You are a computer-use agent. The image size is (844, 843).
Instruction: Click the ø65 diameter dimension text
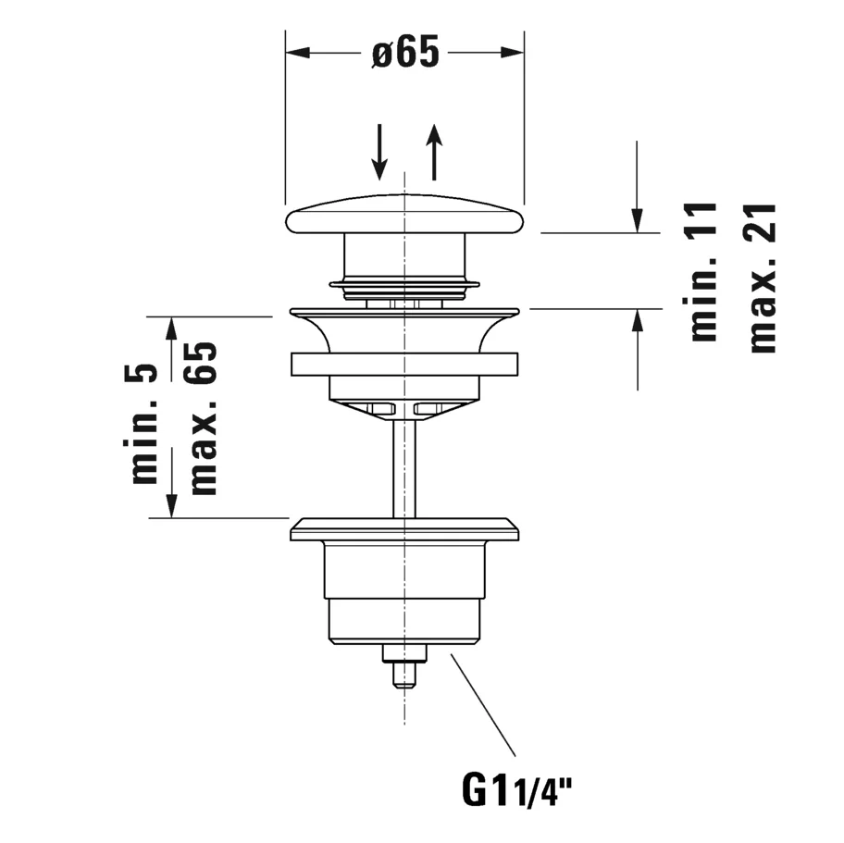coord(405,52)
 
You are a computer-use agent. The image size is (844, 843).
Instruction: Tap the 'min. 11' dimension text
coord(703,272)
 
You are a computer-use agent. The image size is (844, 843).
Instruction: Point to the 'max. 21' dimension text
coord(763,278)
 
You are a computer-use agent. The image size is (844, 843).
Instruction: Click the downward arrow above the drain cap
coord(380,152)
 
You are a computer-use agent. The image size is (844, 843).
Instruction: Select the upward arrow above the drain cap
coord(434,152)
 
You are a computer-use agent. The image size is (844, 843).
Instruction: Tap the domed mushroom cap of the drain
coord(404,215)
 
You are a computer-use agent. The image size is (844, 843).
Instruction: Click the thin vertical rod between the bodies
coord(404,468)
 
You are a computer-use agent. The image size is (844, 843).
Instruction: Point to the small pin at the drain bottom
coord(404,675)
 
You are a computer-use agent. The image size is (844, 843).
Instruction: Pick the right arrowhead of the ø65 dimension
coord(512,53)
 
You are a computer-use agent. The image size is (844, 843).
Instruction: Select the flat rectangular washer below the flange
coord(404,364)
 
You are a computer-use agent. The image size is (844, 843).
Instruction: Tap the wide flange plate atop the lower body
coord(404,529)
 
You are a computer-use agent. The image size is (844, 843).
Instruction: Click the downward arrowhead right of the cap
coord(638,221)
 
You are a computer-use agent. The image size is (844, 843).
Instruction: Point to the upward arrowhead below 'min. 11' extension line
coord(638,321)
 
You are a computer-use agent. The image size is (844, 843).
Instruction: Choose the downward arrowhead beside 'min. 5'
coord(171,506)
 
